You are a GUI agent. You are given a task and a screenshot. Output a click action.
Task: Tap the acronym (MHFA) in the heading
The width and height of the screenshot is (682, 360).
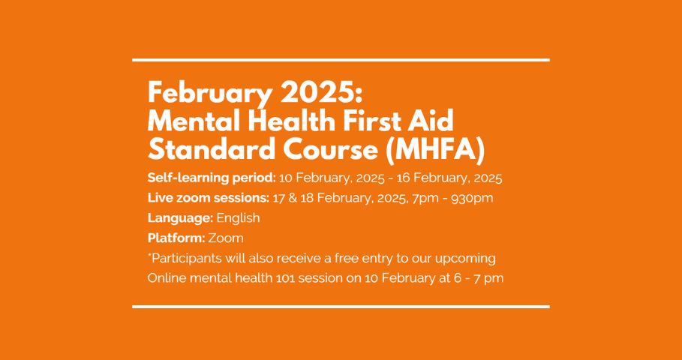click(435, 150)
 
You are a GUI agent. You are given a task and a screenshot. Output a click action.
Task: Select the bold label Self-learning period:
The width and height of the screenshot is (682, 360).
click(212, 178)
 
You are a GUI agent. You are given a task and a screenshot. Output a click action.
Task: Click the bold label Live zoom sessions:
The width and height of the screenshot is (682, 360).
click(209, 198)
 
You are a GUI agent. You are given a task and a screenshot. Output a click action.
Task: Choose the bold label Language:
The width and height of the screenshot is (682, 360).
click(180, 218)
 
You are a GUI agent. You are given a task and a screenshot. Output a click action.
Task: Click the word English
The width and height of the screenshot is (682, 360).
click(238, 218)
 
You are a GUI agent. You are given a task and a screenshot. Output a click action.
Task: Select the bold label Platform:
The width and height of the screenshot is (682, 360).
click(176, 238)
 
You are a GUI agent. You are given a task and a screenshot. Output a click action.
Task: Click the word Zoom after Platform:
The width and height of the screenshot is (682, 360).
click(226, 238)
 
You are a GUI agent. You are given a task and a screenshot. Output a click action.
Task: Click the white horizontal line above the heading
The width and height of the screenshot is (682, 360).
click(341, 60)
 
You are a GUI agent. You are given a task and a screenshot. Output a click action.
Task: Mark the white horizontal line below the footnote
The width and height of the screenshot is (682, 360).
click(341, 307)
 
